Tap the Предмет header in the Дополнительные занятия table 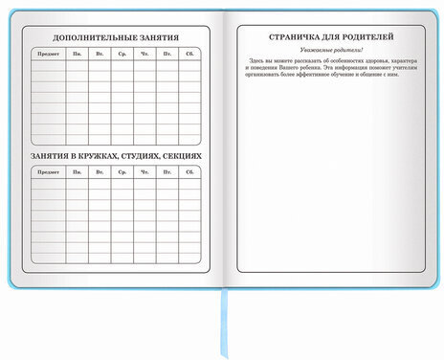pos(48,55)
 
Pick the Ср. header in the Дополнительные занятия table pos(122,55)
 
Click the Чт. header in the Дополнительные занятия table pos(144,55)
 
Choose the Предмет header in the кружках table pos(48,172)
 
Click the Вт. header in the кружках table pos(99,172)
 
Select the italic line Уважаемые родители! pos(330,48)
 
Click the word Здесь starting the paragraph pos(260,59)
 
